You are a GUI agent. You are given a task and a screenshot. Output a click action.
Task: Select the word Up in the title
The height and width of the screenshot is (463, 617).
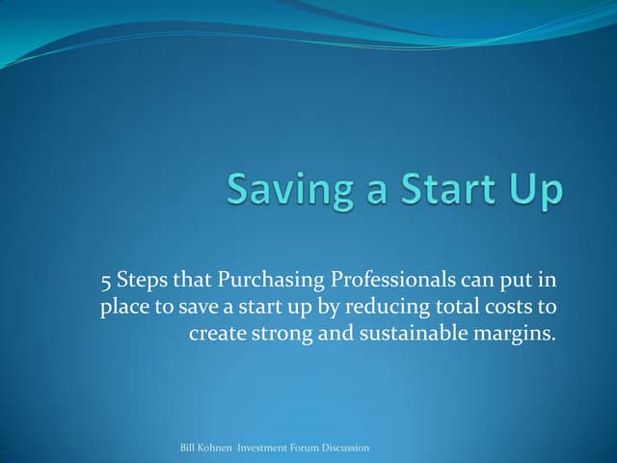click(533, 191)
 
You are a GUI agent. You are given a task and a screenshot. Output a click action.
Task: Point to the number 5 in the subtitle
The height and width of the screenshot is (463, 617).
click(106, 281)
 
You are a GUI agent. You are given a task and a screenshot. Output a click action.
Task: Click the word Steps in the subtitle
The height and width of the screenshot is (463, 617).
click(144, 282)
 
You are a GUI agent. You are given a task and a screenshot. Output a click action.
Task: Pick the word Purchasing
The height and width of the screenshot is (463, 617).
click(273, 282)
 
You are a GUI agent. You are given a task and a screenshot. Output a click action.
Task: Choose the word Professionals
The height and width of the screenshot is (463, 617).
click(394, 282)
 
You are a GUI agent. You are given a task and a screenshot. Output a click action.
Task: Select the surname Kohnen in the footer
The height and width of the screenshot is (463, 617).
click(221, 449)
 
